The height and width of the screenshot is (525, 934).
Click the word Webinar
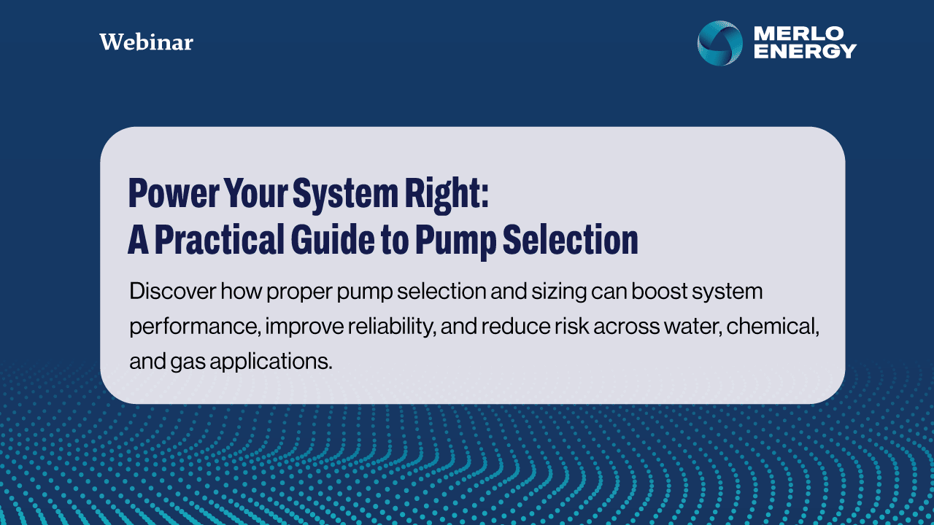click(x=147, y=42)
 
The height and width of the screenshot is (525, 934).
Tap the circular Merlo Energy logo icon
click(x=720, y=43)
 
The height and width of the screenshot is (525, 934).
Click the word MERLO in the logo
click(x=799, y=34)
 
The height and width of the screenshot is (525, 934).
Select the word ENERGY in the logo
click(x=805, y=51)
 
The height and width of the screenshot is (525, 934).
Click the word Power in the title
click(x=174, y=193)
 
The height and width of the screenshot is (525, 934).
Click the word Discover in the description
click(x=173, y=291)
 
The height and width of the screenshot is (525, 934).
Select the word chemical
click(x=773, y=327)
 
